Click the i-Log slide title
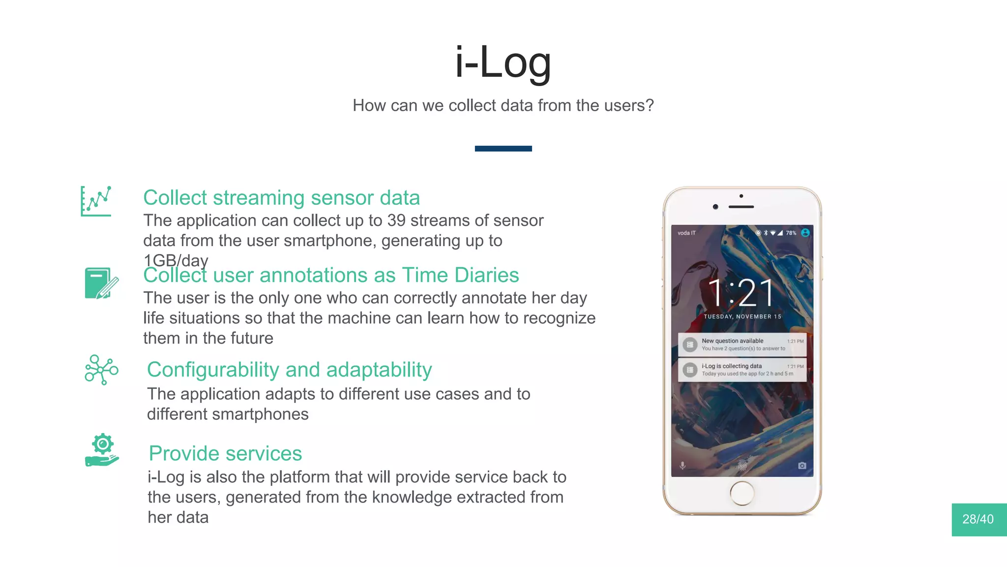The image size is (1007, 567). click(503, 63)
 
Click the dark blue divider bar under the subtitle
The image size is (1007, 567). click(503, 149)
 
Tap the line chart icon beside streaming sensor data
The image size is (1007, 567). click(96, 201)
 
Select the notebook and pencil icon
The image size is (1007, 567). click(101, 283)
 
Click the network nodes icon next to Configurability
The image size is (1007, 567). click(101, 370)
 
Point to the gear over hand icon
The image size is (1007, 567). click(102, 450)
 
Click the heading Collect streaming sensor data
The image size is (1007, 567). click(281, 198)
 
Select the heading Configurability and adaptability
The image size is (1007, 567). click(289, 370)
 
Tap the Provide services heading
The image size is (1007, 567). click(225, 453)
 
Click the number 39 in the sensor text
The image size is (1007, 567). click(396, 220)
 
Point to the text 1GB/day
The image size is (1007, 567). click(176, 260)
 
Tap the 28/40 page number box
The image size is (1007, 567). click(978, 519)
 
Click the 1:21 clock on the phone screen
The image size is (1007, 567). click(740, 293)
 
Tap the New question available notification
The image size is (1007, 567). click(742, 345)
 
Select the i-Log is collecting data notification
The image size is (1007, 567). click(742, 370)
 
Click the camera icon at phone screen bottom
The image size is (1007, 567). click(802, 466)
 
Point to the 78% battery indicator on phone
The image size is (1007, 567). click(790, 233)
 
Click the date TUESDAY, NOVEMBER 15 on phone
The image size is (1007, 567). click(742, 316)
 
